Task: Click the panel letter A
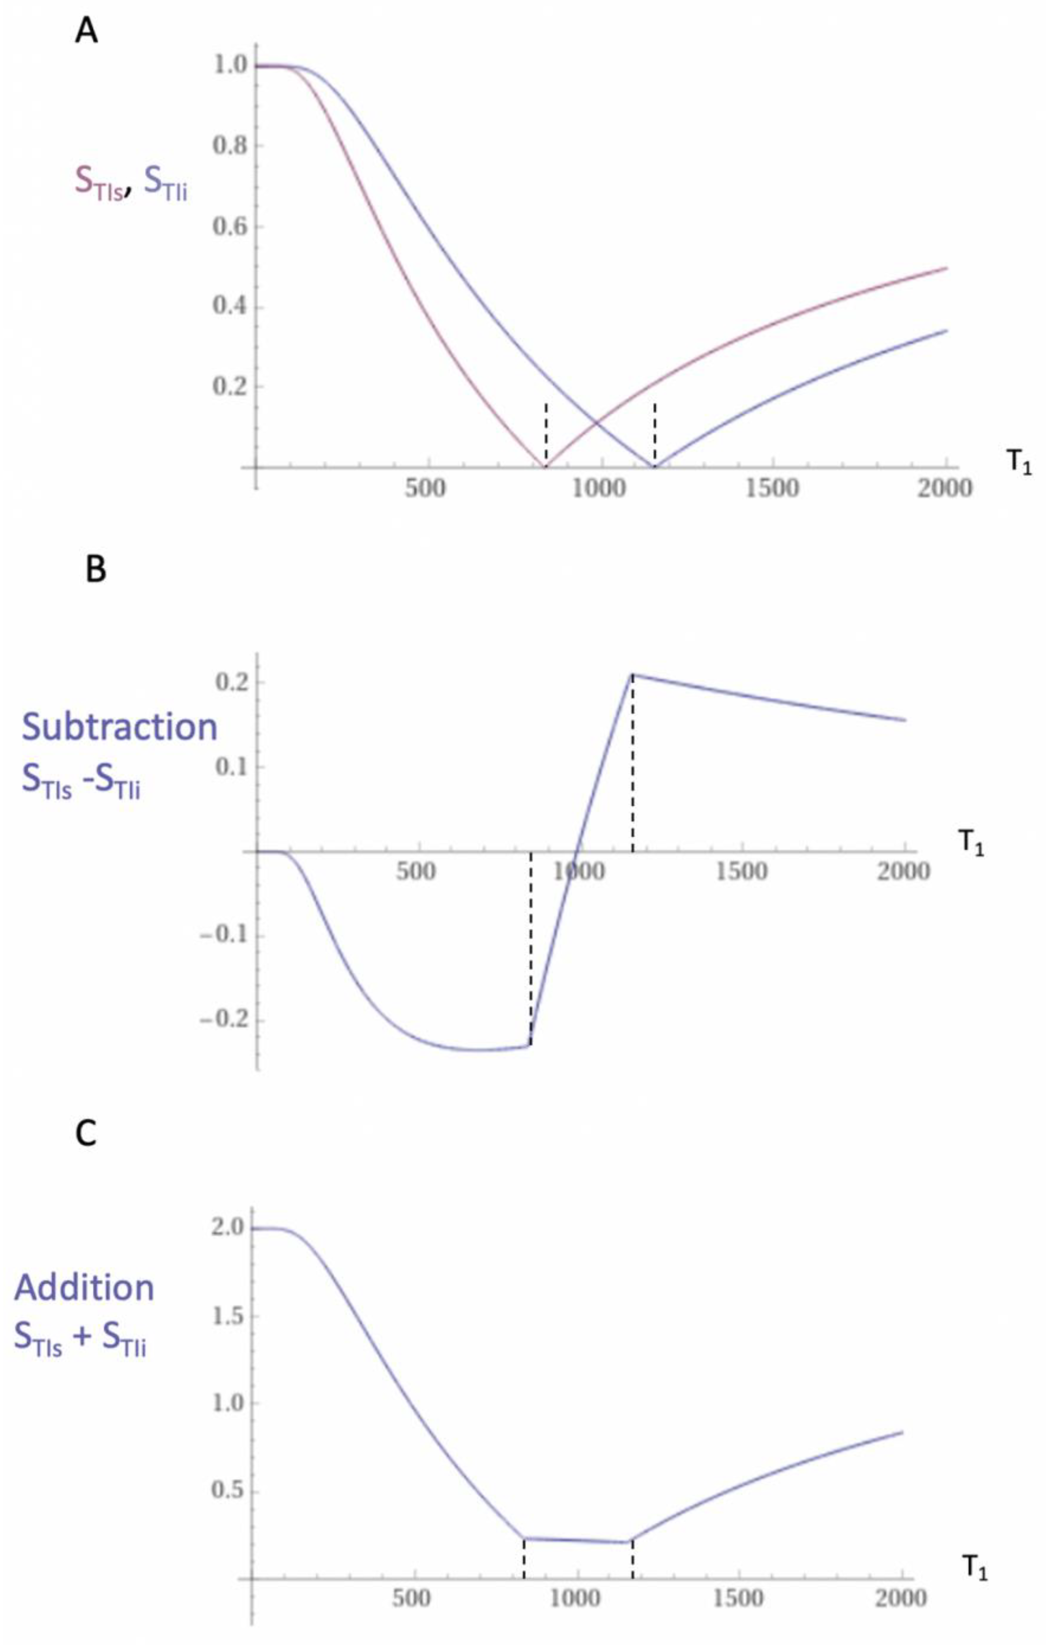point(86,31)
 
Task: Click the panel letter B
point(95,569)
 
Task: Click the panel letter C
point(86,1134)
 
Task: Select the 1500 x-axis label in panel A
point(780,489)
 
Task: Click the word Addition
point(85,1288)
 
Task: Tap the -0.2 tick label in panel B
point(222,1021)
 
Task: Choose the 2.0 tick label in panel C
point(226,1227)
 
